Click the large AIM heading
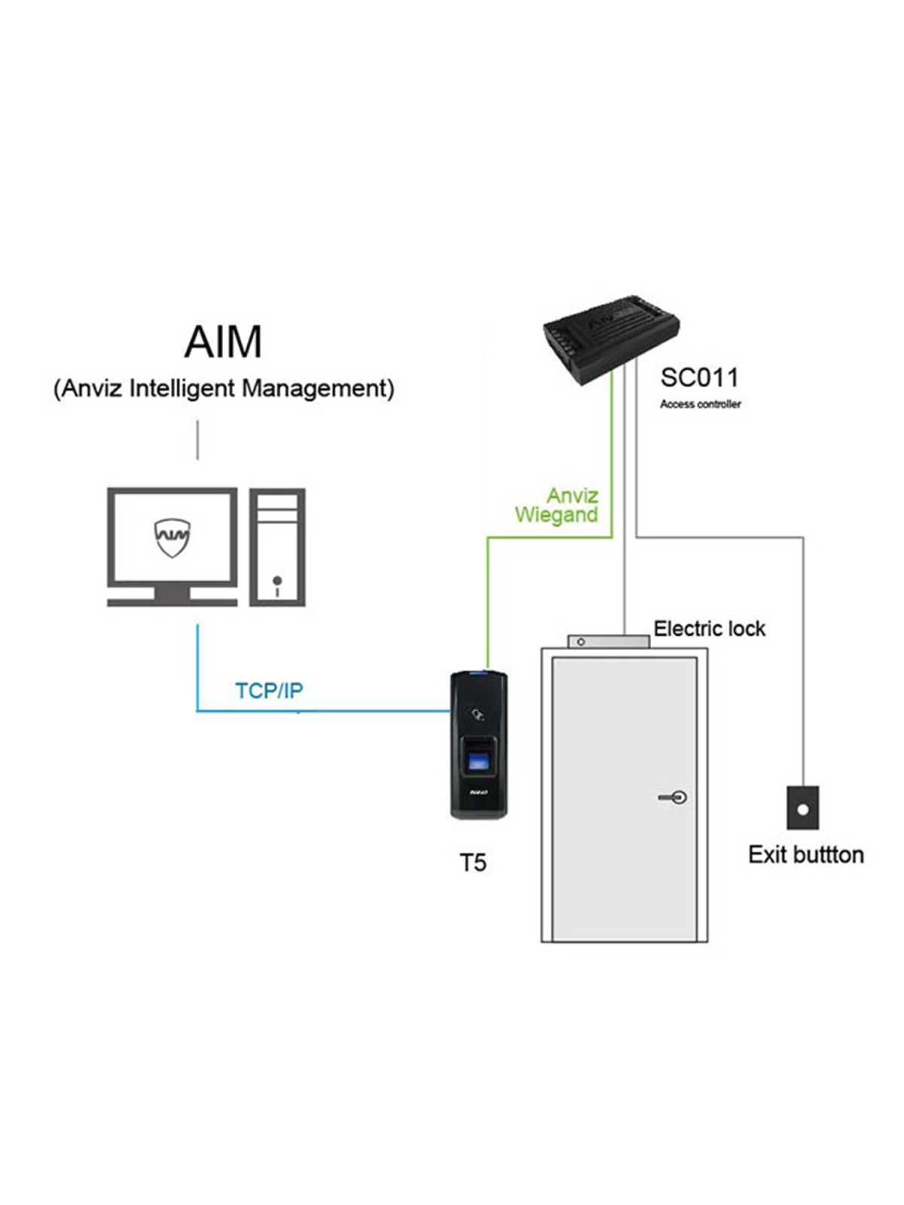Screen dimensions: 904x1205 [x=223, y=341]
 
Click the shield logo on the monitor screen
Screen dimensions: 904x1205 [x=173, y=538]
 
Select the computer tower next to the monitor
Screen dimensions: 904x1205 [x=277, y=547]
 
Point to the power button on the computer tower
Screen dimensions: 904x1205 [x=277, y=580]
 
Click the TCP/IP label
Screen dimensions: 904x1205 [x=269, y=691]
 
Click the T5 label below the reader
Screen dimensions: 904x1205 [x=472, y=862]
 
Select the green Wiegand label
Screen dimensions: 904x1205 [x=556, y=516]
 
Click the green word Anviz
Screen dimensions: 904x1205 [x=573, y=495]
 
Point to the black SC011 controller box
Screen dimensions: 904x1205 [x=612, y=339]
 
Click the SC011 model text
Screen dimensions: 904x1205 [x=699, y=378]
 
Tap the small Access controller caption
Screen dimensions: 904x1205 [x=701, y=404]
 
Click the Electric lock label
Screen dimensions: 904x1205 [x=709, y=629]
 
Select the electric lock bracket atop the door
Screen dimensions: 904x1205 [x=608, y=641]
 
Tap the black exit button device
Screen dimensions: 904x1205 [x=803, y=807]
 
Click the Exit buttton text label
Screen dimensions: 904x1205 [x=806, y=855]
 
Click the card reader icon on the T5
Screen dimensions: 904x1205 [x=478, y=715]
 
